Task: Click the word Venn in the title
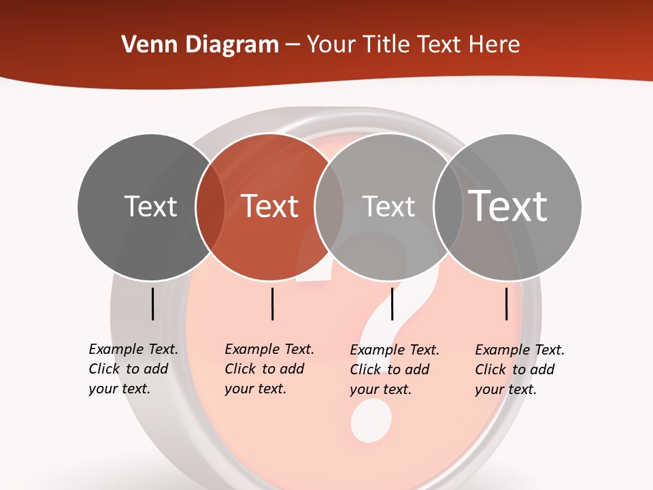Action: pyautogui.click(x=144, y=45)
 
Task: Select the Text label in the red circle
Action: pyautogui.click(x=270, y=206)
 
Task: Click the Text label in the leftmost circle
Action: pyautogui.click(x=151, y=206)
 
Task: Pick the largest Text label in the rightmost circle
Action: pyautogui.click(x=508, y=206)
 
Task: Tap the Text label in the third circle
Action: pyautogui.click(x=388, y=206)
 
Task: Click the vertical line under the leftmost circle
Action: pyautogui.click(x=152, y=304)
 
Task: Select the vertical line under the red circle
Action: pyautogui.click(x=272, y=304)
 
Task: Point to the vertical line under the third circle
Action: pyautogui.click(x=392, y=304)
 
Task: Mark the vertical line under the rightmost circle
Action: pyautogui.click(x=507, y=304)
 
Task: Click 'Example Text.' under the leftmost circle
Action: pyautogui.click(x=133, y=349)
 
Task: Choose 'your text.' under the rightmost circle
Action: pyautogui.click(x=505, y=389)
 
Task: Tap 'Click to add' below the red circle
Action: pyautogui.click(x=264, y=369)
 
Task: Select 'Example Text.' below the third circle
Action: pyautogui.click(x=395, y=350)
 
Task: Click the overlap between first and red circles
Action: pyautogui.click(x=210, y=207)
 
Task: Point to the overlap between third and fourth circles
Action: pyautogui.click(x=448, y=207)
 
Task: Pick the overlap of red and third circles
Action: pyautogui.click(x=329, y=207)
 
